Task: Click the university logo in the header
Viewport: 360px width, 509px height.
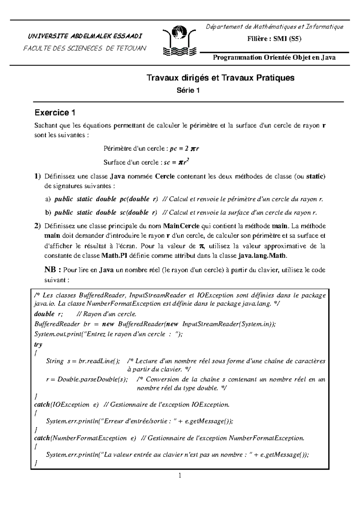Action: (179, 41)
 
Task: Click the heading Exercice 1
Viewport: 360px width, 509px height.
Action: (55, 113)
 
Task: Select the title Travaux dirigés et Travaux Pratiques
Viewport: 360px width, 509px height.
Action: (220, 78)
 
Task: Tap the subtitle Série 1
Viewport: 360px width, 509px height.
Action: (188, 91)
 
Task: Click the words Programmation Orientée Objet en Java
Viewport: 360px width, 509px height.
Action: (274, 58)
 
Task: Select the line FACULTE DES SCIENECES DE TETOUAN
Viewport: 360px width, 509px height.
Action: (85, 48)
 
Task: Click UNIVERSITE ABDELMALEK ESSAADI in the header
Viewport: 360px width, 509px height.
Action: (85, 37)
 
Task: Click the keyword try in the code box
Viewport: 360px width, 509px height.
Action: (38, 344)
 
